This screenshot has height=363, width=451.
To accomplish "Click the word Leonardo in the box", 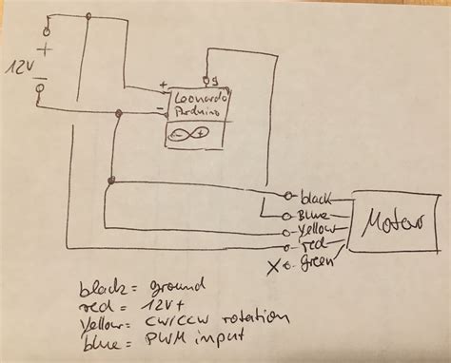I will pyautogui.click(x=196, y=97).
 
